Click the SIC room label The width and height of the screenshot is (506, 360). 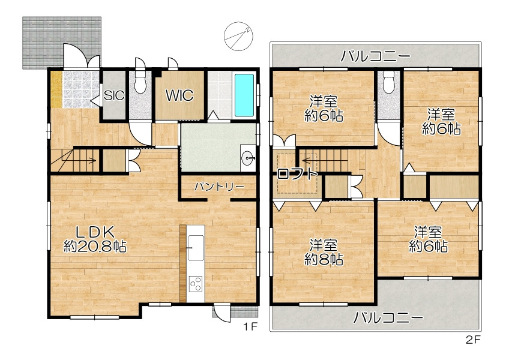click(x=114, y=95)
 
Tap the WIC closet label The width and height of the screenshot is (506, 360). click(x=179, y=95)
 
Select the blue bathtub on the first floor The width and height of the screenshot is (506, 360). click(x=244, y=95)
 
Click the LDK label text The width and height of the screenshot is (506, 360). click(x=95, y=232)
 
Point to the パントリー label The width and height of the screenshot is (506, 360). click(x=219, y=187)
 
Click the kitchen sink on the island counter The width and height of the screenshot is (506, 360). click(x=196, y=248)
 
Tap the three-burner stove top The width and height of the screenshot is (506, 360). click(x=196, y=284)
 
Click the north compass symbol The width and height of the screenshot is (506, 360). click(x=238, y=36)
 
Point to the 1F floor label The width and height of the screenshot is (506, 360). click(x=250, y=327)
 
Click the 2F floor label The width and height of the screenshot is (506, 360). click(x=474, y=340)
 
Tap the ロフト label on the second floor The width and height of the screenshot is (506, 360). click(x=297, y=174)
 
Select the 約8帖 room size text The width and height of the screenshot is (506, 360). click(x=324, y=260)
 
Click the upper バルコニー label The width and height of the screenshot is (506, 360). click(x=376, y=56)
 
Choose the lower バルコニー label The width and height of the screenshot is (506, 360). click(x=388, y=318)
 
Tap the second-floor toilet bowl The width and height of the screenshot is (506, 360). click(x=389, y=82)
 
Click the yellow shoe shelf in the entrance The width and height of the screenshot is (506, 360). click(x=56, y=89)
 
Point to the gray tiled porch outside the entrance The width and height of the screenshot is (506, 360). click(x=61, y=43)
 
